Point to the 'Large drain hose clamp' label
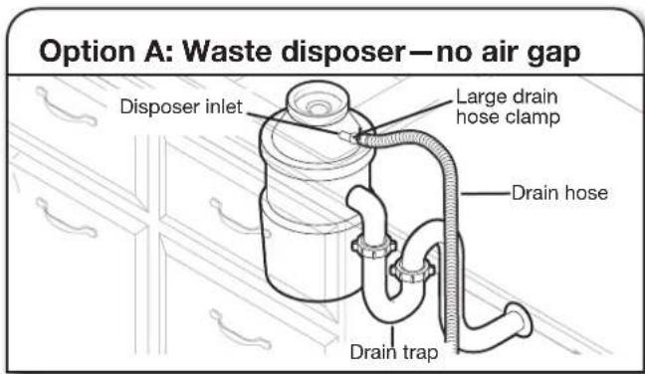tap(506, 107)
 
